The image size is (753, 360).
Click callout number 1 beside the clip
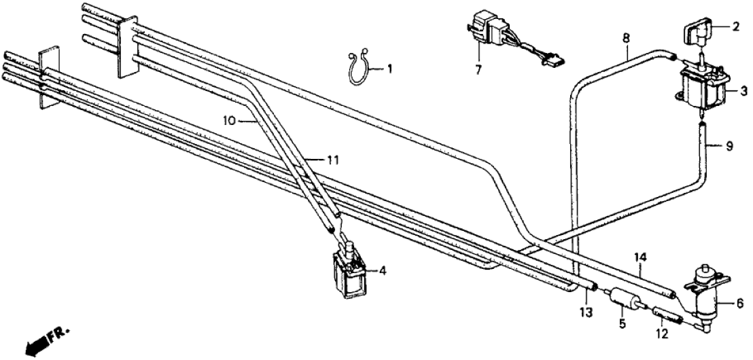[390, 68]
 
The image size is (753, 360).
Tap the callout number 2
[735, 29]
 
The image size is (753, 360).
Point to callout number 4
[383, 270]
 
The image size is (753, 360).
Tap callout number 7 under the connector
[479, 69]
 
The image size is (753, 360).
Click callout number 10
[229, 121]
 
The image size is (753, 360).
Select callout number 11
[331, 160]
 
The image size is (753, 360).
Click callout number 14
[641, 257]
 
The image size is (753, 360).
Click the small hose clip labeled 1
[360, 69]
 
